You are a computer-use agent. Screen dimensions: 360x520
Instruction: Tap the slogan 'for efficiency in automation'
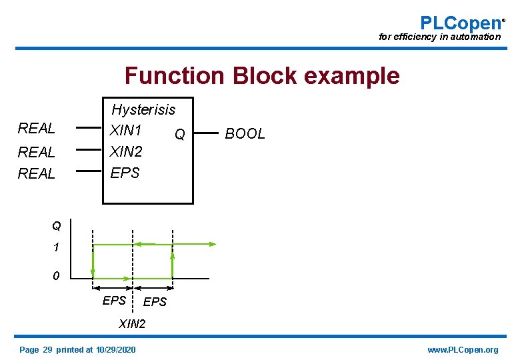[x=439, y=37]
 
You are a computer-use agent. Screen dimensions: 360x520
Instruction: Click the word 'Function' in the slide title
[x=175, y=76]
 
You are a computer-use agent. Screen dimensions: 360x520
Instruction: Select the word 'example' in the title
[x=351, y=76]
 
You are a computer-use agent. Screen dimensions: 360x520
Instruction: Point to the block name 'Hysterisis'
[x=143, y=109]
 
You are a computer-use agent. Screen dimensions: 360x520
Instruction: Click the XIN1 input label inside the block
[x=126, y=129]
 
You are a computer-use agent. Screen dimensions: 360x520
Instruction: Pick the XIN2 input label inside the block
[x=126, y=151]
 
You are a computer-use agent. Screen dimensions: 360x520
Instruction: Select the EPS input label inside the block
[x=125, y=173]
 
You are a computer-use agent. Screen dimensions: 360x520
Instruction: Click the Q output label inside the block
[x=179, y=135]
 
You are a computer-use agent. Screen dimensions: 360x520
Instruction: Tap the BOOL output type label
[x=245, y=134]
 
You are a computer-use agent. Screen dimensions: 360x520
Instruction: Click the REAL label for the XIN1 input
[x=37, y=128]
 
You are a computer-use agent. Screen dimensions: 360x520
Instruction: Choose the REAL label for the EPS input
[x=37, y=173]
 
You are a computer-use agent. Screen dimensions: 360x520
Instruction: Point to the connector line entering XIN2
[x=88, y=149]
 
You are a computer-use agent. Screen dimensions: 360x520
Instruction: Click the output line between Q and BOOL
[x=207, y=131]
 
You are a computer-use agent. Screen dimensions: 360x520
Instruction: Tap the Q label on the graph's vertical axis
[x=57, y=226]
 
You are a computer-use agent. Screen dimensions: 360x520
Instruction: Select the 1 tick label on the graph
[x=57, y=247]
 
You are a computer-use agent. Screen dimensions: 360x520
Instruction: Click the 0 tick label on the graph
[x=57, y=275]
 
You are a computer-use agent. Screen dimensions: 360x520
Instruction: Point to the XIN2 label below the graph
[x=131, y=325]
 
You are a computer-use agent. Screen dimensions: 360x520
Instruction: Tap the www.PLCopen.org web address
[x=463, y=350]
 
